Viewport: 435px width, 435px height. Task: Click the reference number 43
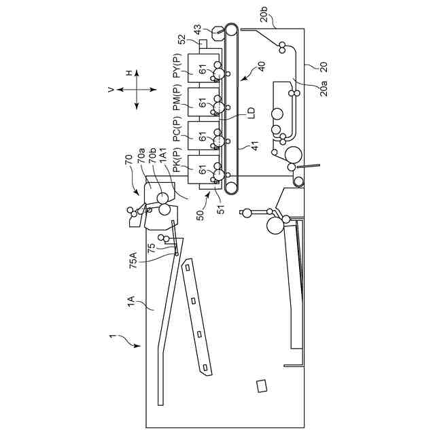pyautogui.click(x=197, y=31)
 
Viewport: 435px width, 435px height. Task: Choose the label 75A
pyautogui.click(x=133, y=260)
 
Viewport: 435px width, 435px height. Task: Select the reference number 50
pyautogui.click(x=200, y=213)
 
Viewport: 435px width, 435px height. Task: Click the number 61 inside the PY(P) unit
pyautogui.click(x=202, y=70)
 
